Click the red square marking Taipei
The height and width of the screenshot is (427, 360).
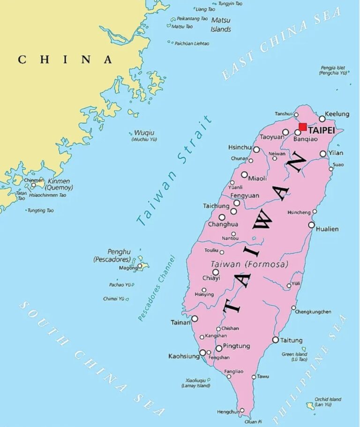coord(303,127)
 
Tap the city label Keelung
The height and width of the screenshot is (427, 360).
coord(337,114)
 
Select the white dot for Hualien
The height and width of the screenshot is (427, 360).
coord(311,225)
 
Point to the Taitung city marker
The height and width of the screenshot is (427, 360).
coord(276,340)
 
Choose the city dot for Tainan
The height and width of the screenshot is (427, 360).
coord(195,319)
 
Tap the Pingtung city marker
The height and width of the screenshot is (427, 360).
coord(219,348)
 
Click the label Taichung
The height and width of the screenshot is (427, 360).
coord(216,206)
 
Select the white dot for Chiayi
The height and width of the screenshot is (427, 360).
coord(216,272)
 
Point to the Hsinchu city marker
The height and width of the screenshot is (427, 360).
coord(256,150)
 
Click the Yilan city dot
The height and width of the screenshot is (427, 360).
coord(323,153)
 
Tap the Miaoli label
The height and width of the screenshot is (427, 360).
coord(257,178)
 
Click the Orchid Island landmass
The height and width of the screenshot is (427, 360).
coord(310,405)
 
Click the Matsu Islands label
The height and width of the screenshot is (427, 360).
coord(221,24)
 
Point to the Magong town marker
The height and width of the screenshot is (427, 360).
coord(139,266)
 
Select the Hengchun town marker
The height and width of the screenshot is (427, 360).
coord(242,411)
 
